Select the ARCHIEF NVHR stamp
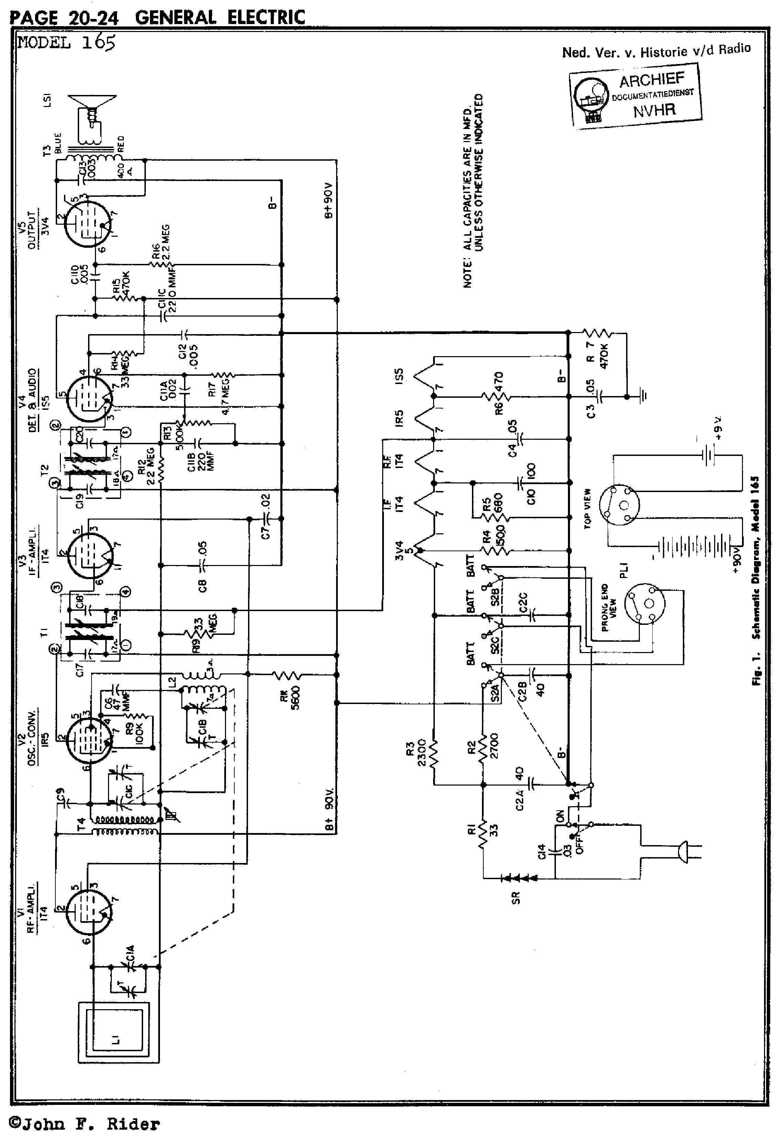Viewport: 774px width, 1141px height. tap(636, 95)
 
